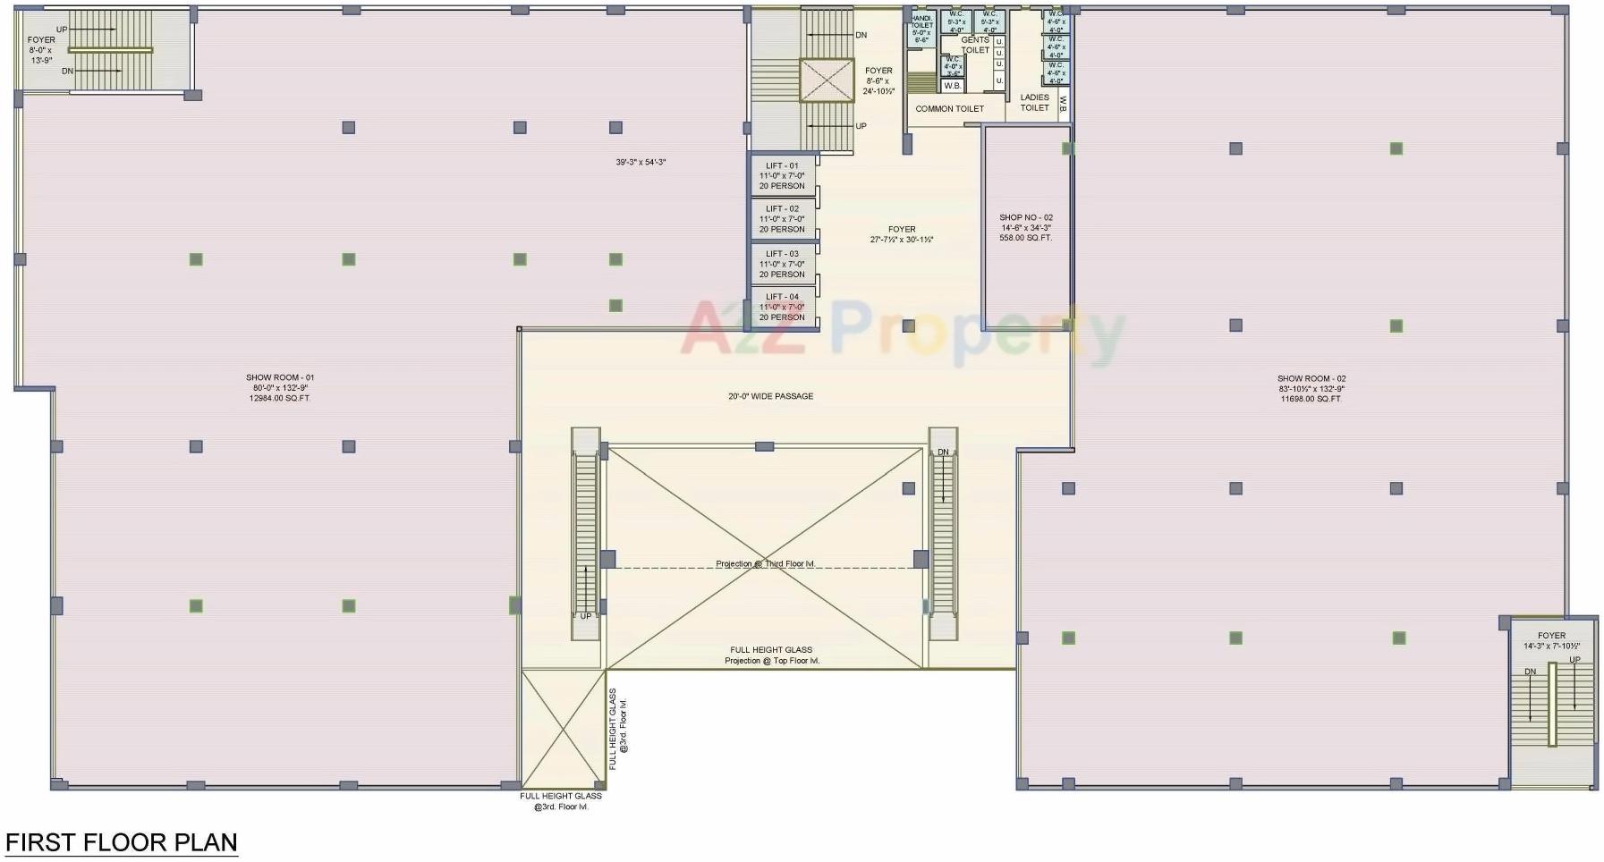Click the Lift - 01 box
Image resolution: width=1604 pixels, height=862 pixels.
click(x=782, y=176)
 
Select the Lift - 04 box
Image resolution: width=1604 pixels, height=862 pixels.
click(x=782, y=307)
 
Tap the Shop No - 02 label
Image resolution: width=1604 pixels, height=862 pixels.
click(x=1026, y=227)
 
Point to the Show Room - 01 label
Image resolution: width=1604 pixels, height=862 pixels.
click(x=280, y=388)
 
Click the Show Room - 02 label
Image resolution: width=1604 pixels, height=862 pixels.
click(x=1311, y=389)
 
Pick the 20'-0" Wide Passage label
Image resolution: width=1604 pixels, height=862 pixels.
click(x=770, y=396)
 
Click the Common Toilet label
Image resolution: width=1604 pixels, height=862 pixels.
click(x=949, y=109)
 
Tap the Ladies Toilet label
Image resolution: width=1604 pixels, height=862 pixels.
click(x=1034, y=103)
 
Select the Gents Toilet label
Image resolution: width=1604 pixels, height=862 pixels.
click(x=975, y=45)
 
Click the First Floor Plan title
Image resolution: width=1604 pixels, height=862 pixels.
click(x=122, y=842)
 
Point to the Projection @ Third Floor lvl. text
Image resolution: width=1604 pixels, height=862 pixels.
click(x=765, y=564)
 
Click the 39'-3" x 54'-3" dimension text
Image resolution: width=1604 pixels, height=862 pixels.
click(x=641, y=163)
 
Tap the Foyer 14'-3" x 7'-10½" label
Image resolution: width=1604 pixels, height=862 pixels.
click(x=1551, y=641)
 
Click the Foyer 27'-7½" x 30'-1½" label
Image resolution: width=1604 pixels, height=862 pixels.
click(x=902, y=234)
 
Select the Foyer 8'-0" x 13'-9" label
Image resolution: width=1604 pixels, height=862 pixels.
click(x=41, y=50)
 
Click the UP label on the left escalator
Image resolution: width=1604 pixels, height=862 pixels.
click(x=585, y=616)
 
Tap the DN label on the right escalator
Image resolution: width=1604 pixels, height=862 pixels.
click(x=943, y=452)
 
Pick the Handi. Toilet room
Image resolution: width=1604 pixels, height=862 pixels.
click(x=921, y=29)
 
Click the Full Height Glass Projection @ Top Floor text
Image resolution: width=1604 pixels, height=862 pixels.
click(x=771, y=655)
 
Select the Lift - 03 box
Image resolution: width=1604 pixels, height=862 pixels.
click(x=782, y=264)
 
